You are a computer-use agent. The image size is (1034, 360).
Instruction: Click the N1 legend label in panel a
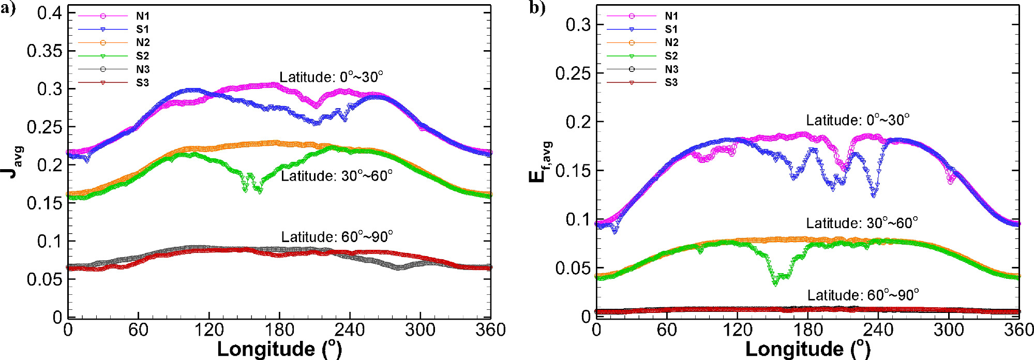pos(142,16)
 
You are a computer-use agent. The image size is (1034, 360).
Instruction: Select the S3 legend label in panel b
pos(671,82)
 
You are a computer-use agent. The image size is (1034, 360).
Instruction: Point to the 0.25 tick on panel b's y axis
pos(573,73)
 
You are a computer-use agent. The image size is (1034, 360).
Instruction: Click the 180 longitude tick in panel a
pos(279,329)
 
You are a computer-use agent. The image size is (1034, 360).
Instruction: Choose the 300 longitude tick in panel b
pos(949,329)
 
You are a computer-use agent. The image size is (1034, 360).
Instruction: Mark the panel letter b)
pos(537,8)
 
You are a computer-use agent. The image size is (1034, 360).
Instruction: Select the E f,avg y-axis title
pos(541,162)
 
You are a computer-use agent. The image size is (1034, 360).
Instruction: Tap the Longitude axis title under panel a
pos(279,349)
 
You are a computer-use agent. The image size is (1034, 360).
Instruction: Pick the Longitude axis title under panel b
pos(808,349)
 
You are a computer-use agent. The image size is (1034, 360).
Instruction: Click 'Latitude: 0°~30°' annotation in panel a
pos(331,77)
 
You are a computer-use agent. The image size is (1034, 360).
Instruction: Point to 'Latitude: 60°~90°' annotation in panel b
pos(863,295)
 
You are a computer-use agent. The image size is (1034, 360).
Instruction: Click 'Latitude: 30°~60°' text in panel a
pos(336,176)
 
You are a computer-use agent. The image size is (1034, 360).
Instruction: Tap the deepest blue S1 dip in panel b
pos(874,194)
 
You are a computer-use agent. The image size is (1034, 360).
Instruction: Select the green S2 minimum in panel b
pos(775,282)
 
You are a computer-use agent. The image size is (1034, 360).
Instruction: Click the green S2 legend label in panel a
pos(142,56)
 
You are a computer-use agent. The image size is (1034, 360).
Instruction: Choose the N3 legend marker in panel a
pos(103,69)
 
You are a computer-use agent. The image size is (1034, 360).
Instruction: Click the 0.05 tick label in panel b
pos(573,268)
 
